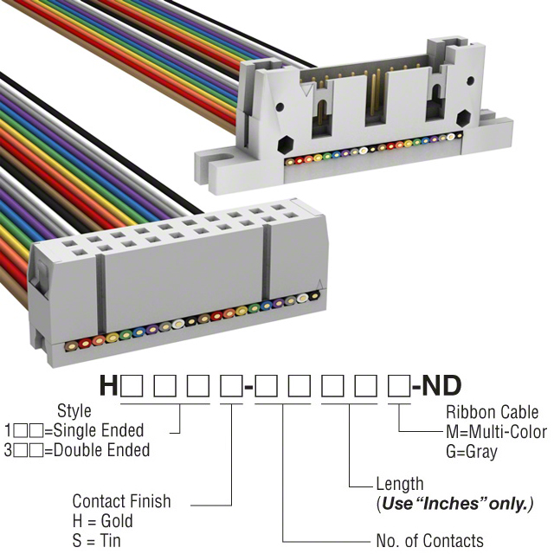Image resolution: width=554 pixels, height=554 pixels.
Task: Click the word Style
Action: pyautogui.click(x=74, y=410)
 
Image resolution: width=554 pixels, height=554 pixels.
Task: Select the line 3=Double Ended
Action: pyautogui.click(x=77, y=450)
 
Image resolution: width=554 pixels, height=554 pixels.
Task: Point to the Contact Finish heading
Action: pyautogui.click(x=121, y=501)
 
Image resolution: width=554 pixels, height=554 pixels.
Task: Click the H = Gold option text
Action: pyautogui.click(x=103, y=521)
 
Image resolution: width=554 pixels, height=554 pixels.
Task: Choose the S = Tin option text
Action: pyautogui.click(x=97, y=541)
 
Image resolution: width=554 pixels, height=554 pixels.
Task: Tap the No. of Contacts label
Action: pyautogui.click(x=429, y=541)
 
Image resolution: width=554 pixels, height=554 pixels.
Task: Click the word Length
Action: pyautogui.click(x=400, y=484)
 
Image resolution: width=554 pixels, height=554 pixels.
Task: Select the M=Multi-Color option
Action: pyautogui.click(x=496, y=432)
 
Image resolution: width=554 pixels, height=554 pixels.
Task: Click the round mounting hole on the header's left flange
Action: pyautogui.click(x=226, y=159)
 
